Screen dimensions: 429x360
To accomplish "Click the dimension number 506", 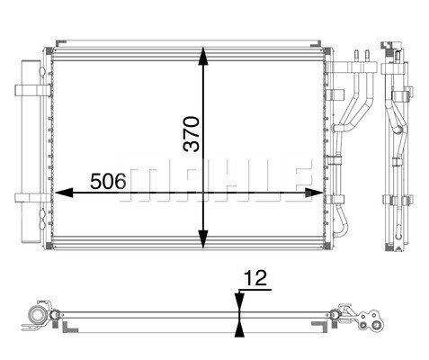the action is pos(108,181).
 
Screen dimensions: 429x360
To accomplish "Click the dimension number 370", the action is pos(192,134).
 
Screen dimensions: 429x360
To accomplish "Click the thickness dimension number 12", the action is pos(255,278).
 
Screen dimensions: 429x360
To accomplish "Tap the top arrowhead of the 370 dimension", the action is pos(203,56).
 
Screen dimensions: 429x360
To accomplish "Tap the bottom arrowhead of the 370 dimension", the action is pos(203,239).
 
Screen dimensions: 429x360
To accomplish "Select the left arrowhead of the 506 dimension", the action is pos(64,193).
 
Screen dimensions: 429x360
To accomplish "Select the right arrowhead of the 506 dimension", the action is pos(314,193).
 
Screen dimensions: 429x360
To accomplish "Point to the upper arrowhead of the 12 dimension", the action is pos(239,303).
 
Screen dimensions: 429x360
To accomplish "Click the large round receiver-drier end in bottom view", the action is pos(38,316).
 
